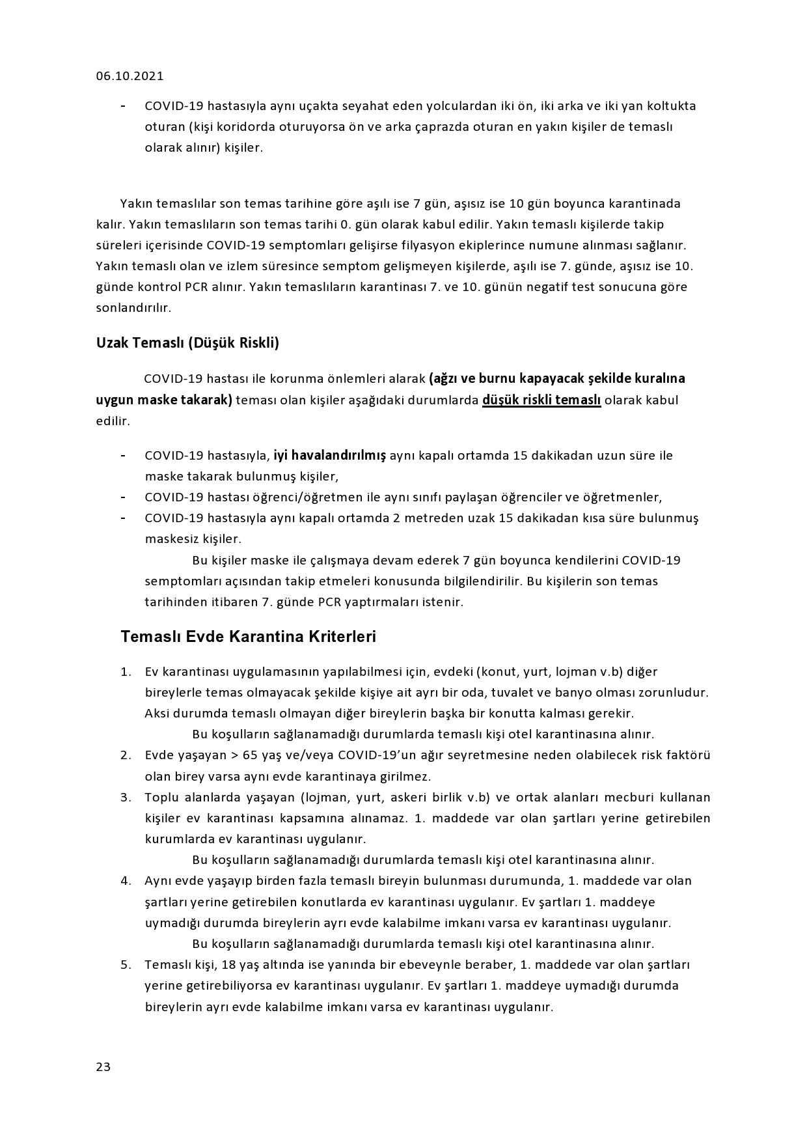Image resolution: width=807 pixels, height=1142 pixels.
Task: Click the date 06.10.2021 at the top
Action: pos(130,76)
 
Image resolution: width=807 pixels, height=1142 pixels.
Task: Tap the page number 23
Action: pos(103,1066)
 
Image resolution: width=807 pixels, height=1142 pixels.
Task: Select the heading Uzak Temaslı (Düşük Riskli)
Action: pos(187,343)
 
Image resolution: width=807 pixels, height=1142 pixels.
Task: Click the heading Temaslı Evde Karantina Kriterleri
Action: pos(248,636)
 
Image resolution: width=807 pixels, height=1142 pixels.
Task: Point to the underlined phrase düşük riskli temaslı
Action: pos(541,400)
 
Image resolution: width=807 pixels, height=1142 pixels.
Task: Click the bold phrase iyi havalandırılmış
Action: pos(329,455)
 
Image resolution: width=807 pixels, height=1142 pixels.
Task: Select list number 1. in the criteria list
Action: pos(126,672)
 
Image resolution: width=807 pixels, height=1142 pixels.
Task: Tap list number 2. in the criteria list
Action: pos(126,755)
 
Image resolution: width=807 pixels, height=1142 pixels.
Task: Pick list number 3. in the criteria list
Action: pos(126,798)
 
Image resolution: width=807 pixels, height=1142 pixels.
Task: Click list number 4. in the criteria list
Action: pos(126,881)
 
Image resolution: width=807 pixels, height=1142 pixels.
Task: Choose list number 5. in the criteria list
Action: pos(126,964)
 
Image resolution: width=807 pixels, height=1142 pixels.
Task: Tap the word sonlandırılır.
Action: pos(133,308)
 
